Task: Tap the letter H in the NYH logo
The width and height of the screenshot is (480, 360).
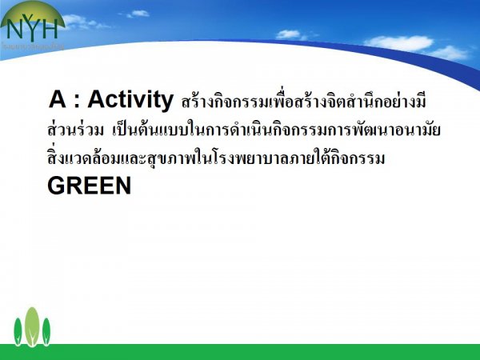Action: [48, 30]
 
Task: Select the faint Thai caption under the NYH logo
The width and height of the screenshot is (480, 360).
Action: [33, 46]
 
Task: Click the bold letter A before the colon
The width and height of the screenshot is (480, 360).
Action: [58, 99]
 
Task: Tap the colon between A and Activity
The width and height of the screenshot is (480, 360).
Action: [77, 102]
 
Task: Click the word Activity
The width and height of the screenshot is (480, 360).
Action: [130, 100]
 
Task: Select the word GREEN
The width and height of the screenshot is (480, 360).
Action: [90, 186]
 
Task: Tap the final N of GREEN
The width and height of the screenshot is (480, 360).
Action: [123, 186]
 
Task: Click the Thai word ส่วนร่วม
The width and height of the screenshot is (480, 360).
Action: [75, 129]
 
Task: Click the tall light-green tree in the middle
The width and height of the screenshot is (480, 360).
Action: [32, 326]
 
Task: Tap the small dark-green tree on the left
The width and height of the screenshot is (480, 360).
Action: [18, 332]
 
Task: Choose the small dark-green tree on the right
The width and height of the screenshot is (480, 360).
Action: [46, 332]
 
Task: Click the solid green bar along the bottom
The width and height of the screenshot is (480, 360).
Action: [240, 352]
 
